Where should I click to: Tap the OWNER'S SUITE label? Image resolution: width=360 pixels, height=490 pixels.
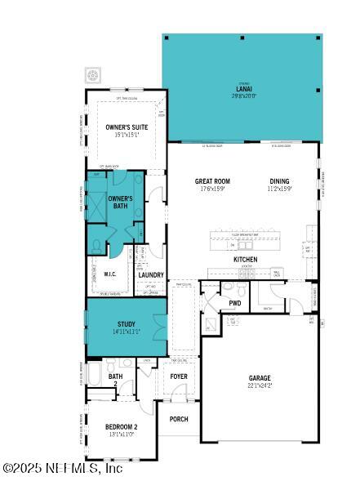point(126,127)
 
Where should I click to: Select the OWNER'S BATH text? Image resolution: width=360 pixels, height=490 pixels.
point(119,202)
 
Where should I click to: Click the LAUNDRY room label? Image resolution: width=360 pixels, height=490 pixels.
point(151,275)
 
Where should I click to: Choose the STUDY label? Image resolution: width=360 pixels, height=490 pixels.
point(127,324)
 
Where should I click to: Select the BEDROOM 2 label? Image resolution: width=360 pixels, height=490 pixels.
point(121,427)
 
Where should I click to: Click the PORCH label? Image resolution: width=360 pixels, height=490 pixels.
point(178,419)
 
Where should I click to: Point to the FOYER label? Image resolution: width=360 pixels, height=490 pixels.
point(179,376)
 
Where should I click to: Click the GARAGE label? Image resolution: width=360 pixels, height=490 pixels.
point(260,378)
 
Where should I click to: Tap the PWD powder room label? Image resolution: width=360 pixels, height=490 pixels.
point(235,303)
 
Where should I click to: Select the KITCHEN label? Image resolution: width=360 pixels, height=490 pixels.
point(246,260)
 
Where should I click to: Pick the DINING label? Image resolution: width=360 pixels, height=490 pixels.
point(280,181)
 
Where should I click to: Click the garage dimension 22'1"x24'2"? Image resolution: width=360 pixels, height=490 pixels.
point(260,385)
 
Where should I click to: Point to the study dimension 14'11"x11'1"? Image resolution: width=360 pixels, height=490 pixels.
point(127,332)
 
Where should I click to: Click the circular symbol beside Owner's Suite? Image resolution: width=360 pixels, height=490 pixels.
point(92,76)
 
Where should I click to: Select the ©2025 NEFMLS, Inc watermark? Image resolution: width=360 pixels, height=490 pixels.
point(62,469)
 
